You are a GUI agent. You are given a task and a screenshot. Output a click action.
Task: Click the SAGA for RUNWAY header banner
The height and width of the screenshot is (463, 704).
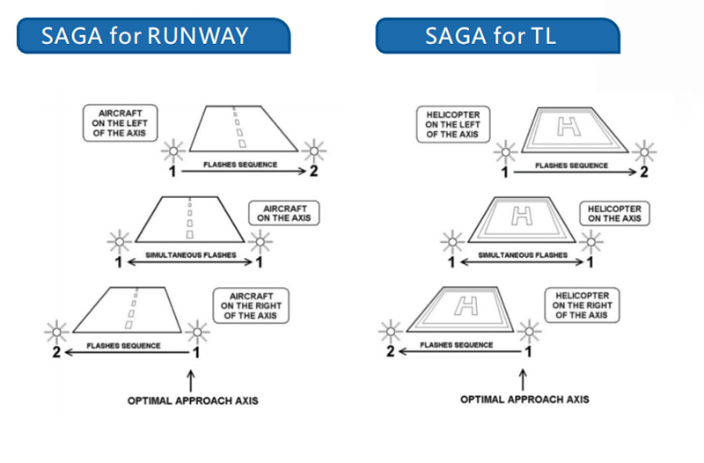[x=153, y=36]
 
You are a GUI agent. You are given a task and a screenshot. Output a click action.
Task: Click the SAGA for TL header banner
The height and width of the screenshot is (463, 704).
[x=497, y=36]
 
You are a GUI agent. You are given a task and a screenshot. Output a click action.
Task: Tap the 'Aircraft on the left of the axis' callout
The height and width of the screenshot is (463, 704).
[x=121, y=123]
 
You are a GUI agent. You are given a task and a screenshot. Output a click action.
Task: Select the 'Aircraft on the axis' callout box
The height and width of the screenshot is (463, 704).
[x=284, y=213]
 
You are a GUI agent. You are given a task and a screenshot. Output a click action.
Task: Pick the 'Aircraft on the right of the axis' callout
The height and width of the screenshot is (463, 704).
[x=251, y=305]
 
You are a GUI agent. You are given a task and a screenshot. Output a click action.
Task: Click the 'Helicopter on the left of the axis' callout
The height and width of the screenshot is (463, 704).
[x=453, y=124]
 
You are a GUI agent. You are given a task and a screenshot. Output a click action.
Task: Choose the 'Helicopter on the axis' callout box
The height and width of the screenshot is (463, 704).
[x=614, y=213]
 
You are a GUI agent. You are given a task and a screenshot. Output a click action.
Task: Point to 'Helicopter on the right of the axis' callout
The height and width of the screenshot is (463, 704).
[x=583, y=305]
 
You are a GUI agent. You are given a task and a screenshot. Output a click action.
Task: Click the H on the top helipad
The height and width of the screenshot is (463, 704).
[x=568, y=126]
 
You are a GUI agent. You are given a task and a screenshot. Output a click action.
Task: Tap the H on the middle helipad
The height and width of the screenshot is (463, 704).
[x=522, y=216]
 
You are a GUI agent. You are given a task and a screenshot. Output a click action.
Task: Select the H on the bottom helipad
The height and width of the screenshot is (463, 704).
[x=466, y=306]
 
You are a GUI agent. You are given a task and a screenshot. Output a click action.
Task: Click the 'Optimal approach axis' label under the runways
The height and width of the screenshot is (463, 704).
[x=193, y=401]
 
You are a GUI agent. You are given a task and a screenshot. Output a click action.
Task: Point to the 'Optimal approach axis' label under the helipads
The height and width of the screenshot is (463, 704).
[x=524, y=400]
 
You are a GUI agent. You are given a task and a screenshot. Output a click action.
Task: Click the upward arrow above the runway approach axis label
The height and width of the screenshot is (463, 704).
[x=191, y=381]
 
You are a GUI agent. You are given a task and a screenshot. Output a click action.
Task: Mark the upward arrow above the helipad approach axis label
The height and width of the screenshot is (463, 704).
[x=523, y=380]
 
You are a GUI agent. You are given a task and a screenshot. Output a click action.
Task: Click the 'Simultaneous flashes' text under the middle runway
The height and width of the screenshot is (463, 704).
[x=191, y=255]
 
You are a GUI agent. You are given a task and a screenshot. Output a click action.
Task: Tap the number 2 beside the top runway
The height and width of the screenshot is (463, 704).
[x=314, y=171]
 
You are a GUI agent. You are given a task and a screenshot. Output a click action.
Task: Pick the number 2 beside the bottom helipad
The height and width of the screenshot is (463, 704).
[x=391, y=351]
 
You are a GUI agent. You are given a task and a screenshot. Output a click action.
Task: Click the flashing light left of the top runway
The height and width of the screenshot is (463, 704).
[x=173, y=151]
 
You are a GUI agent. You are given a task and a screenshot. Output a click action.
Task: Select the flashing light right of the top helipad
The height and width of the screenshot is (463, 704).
[x=644, y=152]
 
